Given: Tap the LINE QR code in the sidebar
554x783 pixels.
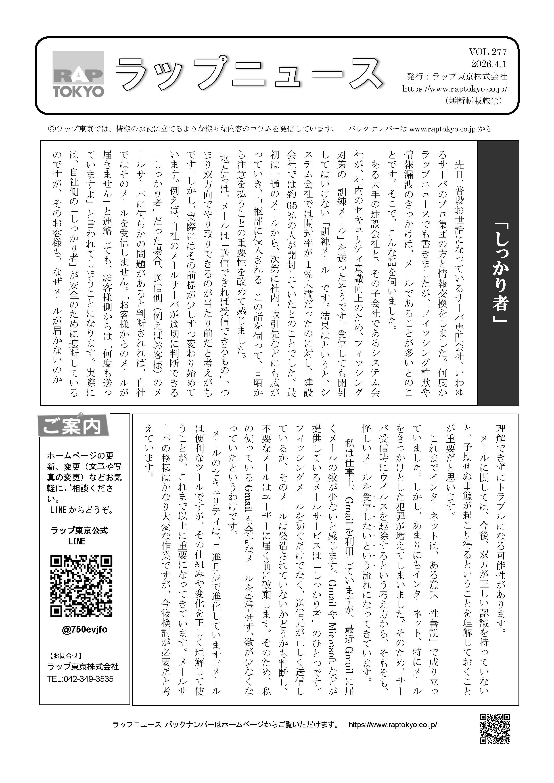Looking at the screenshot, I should (x=81, y=586).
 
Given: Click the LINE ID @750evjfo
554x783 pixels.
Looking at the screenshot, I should (x=85, y=629).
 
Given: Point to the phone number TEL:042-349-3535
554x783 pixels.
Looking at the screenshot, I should (x=80, y=679).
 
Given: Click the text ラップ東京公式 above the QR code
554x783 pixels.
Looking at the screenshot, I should (x=79, y=530).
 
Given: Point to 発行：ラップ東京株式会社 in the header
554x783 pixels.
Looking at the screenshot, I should (x=457, y=76).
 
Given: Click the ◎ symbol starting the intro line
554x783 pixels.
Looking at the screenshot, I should (x=52, y=129).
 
